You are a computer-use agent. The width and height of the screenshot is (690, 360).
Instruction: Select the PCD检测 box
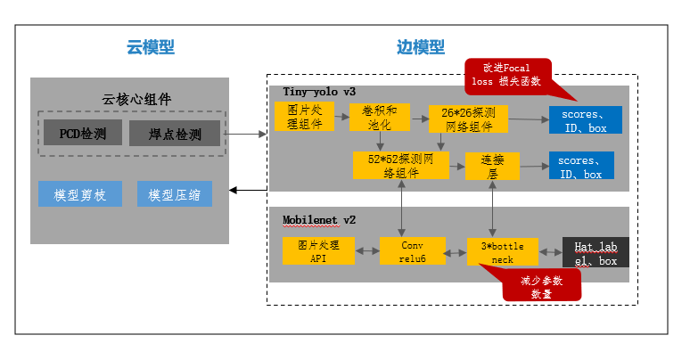[x=83, y=135]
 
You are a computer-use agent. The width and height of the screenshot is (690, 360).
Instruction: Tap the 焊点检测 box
[x=175, y=135]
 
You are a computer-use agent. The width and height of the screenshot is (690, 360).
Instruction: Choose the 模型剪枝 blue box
[x=80, y=194]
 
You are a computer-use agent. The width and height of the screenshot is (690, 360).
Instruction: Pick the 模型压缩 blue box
[x=175, y=194]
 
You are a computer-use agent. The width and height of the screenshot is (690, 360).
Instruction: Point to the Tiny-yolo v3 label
[x=319, y=92]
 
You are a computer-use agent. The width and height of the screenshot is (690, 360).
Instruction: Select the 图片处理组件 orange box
[x=299, y=117]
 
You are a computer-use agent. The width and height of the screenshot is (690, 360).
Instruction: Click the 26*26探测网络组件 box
[x=467, y=119]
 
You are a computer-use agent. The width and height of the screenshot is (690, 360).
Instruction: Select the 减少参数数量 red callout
[x=542, y=285]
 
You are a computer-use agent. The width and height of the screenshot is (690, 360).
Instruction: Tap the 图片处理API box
[x=318, y=250]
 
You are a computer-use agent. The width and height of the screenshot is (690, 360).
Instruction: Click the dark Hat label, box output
[x=596, y=253]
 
